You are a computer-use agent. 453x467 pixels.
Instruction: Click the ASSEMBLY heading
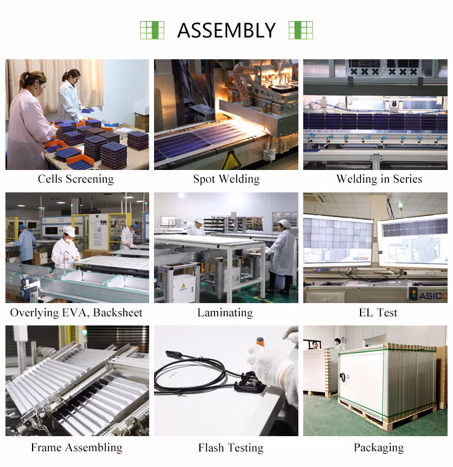pos(226,30)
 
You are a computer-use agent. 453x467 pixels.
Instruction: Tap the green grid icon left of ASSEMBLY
pos(152,30)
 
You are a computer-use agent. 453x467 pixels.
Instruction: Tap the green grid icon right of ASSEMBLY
pos(301,30)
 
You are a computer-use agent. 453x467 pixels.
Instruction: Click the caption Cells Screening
pos(76,179)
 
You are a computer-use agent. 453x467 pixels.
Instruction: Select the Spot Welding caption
pos(226,179)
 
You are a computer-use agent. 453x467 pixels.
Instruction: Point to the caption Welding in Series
pos(379,179)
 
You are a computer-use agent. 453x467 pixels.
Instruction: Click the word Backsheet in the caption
pos(118,312)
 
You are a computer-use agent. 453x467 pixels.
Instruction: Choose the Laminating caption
pos(225,313)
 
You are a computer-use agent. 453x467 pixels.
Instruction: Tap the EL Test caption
pos(378,312)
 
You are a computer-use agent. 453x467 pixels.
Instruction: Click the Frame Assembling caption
pos(77,448)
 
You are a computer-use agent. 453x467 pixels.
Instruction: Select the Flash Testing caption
pos(231,448)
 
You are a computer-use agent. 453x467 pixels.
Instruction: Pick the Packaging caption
pos(379,448)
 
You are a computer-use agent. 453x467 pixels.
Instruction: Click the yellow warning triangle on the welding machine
pos(231,161)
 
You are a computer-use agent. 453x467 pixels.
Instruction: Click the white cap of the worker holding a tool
pos(69,231)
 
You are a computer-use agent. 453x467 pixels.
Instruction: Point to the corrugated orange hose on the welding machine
pos(241,82)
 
